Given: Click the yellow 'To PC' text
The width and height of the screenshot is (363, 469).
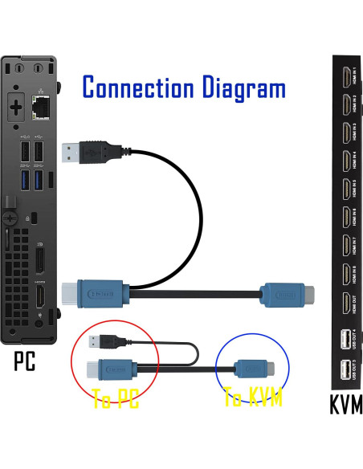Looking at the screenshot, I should coord(116,398).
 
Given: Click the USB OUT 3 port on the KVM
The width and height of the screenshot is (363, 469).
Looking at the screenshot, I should coord(345,370).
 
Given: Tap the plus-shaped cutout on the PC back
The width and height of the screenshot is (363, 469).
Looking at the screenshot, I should coord(15,105).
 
